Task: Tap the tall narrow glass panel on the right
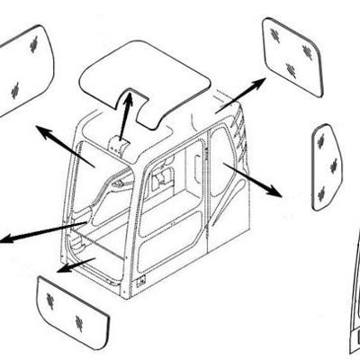tap(325, 166)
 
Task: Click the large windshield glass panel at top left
tap(22, 72)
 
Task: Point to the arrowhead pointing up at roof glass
tap(128, 94)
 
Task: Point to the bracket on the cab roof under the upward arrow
tap(118, 144)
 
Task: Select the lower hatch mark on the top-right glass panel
tap(290, 70)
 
